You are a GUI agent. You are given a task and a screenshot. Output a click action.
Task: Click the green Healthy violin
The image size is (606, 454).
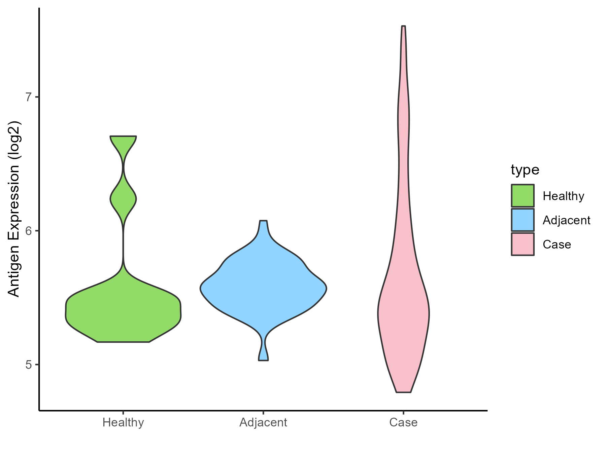[123, 313]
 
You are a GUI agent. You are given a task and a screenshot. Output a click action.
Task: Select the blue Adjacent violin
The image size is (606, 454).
[263, 289]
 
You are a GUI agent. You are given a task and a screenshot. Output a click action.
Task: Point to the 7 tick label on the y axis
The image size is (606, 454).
[28, 97]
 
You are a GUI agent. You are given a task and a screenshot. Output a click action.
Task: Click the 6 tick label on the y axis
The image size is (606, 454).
[28, 231]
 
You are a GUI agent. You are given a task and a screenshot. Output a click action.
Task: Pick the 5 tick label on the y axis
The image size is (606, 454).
[28, 365]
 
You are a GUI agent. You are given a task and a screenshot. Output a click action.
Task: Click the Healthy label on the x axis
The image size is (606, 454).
[123, 422]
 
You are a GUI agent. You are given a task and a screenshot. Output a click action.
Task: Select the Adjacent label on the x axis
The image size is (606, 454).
[263, 422]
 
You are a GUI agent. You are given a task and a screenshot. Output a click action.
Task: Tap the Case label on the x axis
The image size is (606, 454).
[403, 422]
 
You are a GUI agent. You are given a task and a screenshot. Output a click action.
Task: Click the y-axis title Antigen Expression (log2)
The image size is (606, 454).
[14, 209]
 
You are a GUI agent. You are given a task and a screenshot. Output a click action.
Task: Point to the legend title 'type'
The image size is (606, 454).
[525, 170]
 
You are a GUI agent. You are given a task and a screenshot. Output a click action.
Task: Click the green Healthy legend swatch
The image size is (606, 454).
[523, 196]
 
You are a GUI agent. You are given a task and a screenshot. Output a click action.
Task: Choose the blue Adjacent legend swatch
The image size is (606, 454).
[523, 220]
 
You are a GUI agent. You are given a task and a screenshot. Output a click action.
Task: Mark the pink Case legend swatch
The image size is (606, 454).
[523, 244]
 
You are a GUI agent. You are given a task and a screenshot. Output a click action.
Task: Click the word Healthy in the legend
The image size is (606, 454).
[563, 196]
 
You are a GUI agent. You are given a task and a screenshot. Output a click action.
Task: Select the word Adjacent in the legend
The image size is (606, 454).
[566, 220]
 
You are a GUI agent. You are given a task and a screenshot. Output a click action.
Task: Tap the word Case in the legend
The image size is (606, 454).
[557, 244]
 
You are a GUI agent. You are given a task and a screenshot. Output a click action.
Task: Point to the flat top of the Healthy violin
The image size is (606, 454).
[123, 137]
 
